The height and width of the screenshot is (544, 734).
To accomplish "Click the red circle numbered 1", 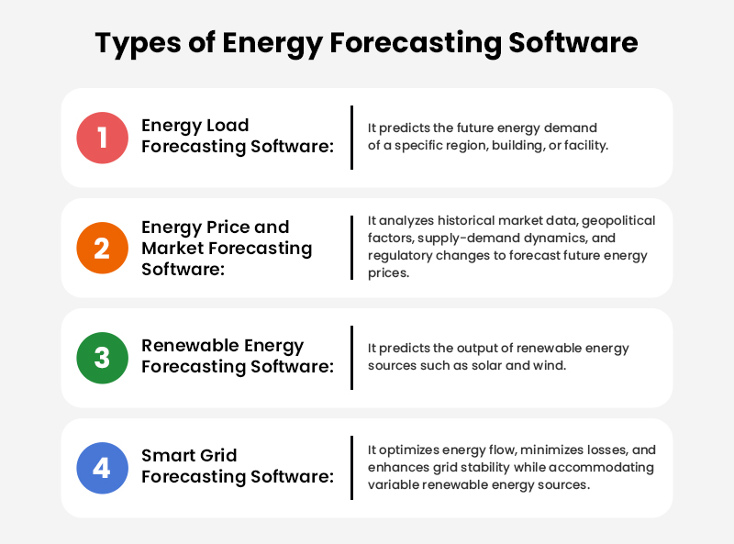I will pyautogui.click(x=102, y=138).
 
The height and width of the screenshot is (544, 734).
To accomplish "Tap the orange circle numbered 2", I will pyautogui.click(x=102, y=248).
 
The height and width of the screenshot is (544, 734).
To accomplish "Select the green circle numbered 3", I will pyautogui.click(x=102, y=358).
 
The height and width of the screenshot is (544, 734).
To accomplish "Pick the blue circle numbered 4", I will pyautogui.click(x=102, y=468).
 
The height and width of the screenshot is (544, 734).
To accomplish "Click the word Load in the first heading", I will pyautogui.click(x=228, y=126).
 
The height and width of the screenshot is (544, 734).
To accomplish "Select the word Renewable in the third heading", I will pyautogui.click(x=191, y=346).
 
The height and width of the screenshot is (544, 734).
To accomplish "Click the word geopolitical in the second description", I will pyautogui.click(x=617, y=220).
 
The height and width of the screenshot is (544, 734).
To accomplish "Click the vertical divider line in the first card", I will pyautogui.click(x=351, y=138).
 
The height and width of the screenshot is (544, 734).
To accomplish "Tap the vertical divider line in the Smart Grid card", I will pyautogui.click(x=351, y=468).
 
